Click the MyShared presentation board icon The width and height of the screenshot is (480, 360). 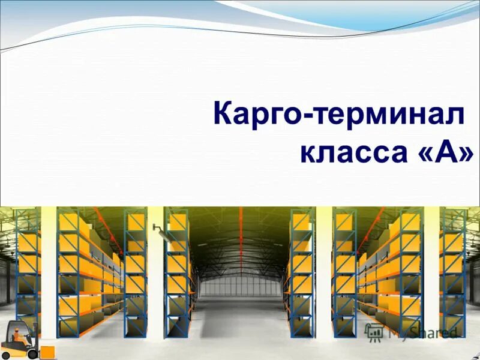click(x=374, y=332)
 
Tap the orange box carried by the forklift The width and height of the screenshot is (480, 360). click(x=47, y=351)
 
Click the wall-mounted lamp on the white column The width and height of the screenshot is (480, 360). click(x=155, y=227)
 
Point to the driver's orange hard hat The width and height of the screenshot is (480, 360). click(x=16, y=328)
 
